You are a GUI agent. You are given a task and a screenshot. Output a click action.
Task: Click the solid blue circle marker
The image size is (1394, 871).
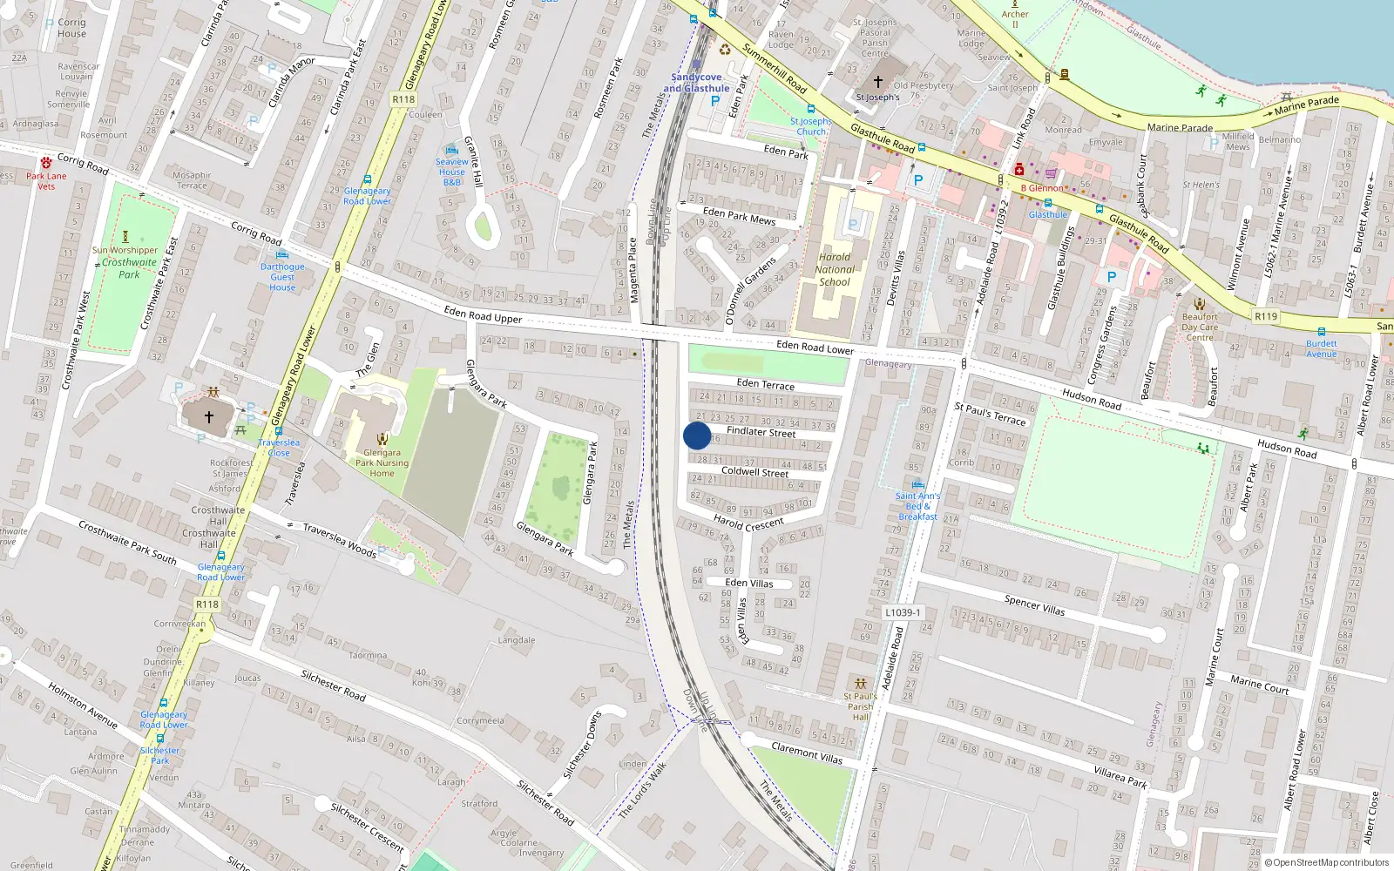point(697,435)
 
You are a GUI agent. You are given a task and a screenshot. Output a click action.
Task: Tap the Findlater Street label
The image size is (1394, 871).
point(761,431)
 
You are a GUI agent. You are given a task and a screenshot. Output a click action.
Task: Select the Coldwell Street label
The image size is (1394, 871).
point(755,472)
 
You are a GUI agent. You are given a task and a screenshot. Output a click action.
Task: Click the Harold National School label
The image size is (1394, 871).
point(835,269)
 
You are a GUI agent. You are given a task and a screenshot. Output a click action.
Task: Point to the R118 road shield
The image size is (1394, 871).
point(403,99)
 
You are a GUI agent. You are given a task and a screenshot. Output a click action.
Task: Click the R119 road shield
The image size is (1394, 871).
point(1266,316)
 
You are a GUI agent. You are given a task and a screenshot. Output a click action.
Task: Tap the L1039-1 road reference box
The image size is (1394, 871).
point(903,612)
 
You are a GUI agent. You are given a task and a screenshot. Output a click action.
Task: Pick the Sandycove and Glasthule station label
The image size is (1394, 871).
point(696,83)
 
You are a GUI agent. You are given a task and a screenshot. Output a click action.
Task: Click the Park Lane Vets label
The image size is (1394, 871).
point(46,181)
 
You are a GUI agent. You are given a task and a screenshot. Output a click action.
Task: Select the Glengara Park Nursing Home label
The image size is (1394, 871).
point(382,463)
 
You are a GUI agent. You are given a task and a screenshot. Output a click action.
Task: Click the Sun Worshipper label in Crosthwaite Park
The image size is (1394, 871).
point(125,250)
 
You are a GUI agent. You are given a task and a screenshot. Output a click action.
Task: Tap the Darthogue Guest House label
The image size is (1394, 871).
point(282,277)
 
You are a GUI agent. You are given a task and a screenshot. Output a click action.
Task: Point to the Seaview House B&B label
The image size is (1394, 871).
point(451,172)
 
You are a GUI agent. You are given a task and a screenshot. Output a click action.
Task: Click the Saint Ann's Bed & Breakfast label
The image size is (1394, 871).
point(917,506)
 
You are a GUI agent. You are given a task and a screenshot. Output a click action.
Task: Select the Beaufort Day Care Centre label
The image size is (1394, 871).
point(1200,327)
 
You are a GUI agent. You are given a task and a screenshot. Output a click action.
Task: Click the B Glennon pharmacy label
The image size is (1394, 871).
point(1042,188)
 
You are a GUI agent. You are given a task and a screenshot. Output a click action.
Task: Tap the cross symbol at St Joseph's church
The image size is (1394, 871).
point(878,82)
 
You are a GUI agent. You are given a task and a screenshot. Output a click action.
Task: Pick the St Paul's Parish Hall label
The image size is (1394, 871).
point(860,706)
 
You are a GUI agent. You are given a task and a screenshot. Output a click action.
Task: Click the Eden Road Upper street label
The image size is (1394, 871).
point(483,315)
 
